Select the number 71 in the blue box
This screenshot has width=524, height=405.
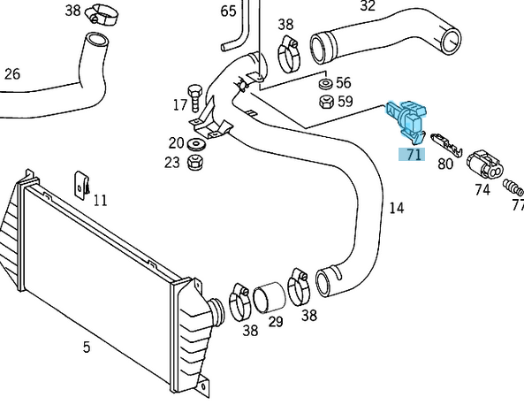(413, 154)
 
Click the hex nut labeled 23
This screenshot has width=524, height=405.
(198, 162)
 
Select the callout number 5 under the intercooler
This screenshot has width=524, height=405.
(87, 348)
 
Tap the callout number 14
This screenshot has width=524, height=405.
(397, 209)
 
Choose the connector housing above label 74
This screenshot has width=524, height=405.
(484, 164)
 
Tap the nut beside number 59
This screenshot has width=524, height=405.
(324, 102)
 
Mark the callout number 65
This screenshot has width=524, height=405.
(228, 11)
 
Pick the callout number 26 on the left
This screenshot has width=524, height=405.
(11, 74)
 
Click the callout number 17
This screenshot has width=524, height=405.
(179, 105)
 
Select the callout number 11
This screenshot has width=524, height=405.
(100, 201)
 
